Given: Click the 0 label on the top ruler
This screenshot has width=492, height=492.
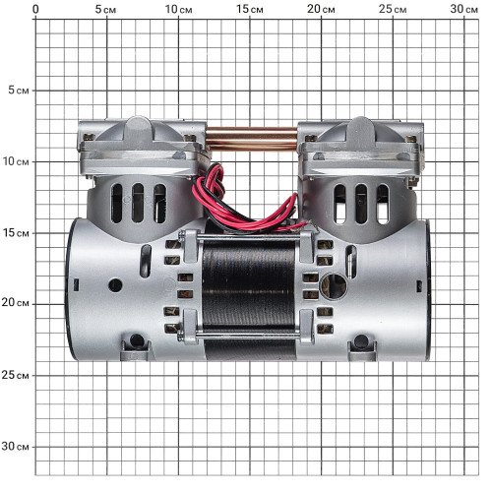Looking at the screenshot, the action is (35, 9).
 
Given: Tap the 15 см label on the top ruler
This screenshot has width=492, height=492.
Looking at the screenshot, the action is (250, 9).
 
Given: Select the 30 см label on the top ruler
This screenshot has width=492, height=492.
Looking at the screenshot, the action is (463, 9).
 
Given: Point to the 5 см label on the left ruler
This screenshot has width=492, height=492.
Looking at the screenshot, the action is (19, 91).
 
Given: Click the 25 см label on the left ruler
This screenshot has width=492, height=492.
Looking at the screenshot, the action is (15, 375).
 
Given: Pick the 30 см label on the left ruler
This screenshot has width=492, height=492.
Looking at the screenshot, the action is (15, 446).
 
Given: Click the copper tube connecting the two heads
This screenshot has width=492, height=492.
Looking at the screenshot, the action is (252, 139).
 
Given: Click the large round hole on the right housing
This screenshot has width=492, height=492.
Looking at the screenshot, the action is (334, 286).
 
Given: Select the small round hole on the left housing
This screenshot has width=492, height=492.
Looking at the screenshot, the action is (115, 285).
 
